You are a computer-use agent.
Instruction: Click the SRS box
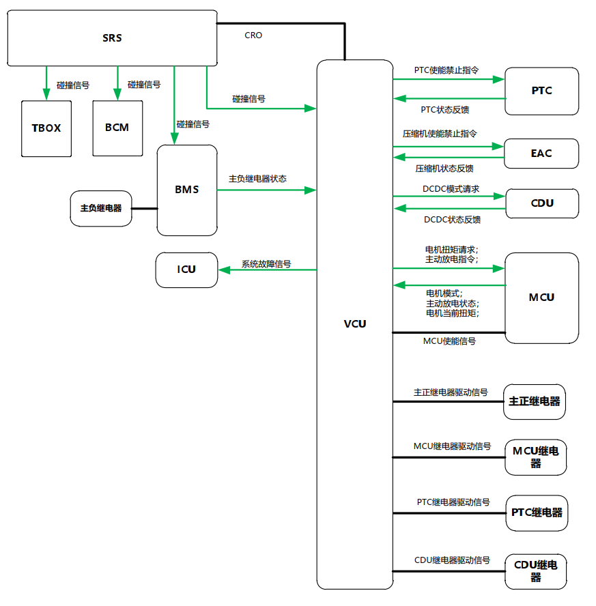click(x=112, y=38)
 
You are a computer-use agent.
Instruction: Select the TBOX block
click(x=46, y=128)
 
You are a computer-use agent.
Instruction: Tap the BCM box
click(x=117, y=128)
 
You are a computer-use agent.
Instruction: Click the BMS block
click(x=187, y=190)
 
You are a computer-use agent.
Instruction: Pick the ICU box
click(x=187, y=270)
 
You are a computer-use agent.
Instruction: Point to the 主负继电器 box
click(x=101, y=208)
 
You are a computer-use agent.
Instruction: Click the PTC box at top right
click(x=541, y=91)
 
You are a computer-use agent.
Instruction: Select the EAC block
click(x=541, y=154)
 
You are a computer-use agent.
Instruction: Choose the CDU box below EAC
click(x=541, y=203)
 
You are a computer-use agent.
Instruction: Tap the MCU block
click(x=541, y=298)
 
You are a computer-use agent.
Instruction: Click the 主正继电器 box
click(x=535, y=401)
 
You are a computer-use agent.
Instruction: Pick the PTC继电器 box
click(x=537, y=513)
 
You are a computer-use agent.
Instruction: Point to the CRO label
click(x=253, y=35)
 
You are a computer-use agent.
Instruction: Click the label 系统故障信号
click(x=266, y=264)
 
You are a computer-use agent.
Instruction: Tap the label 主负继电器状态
click(x=257, y=179)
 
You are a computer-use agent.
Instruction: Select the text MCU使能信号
click(x=449, y=341)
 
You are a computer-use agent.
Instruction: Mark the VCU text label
click(x=355, y=323)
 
